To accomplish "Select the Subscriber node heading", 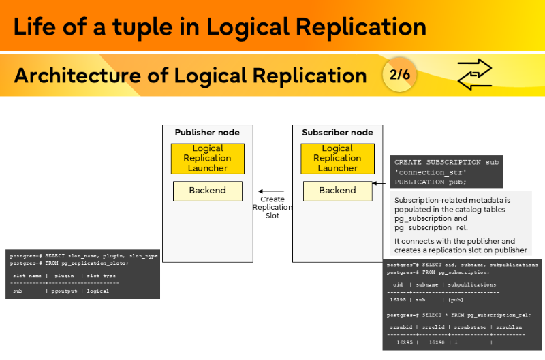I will click(337, 133).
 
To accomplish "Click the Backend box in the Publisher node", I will click(207, 191).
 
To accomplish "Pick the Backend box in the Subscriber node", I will click(337, 191).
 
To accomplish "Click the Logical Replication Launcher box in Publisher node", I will click(208, 159).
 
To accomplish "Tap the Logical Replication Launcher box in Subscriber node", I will click(337, 159).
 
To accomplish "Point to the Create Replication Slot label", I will click(272, 208).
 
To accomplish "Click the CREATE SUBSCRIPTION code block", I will click(446, 172).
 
